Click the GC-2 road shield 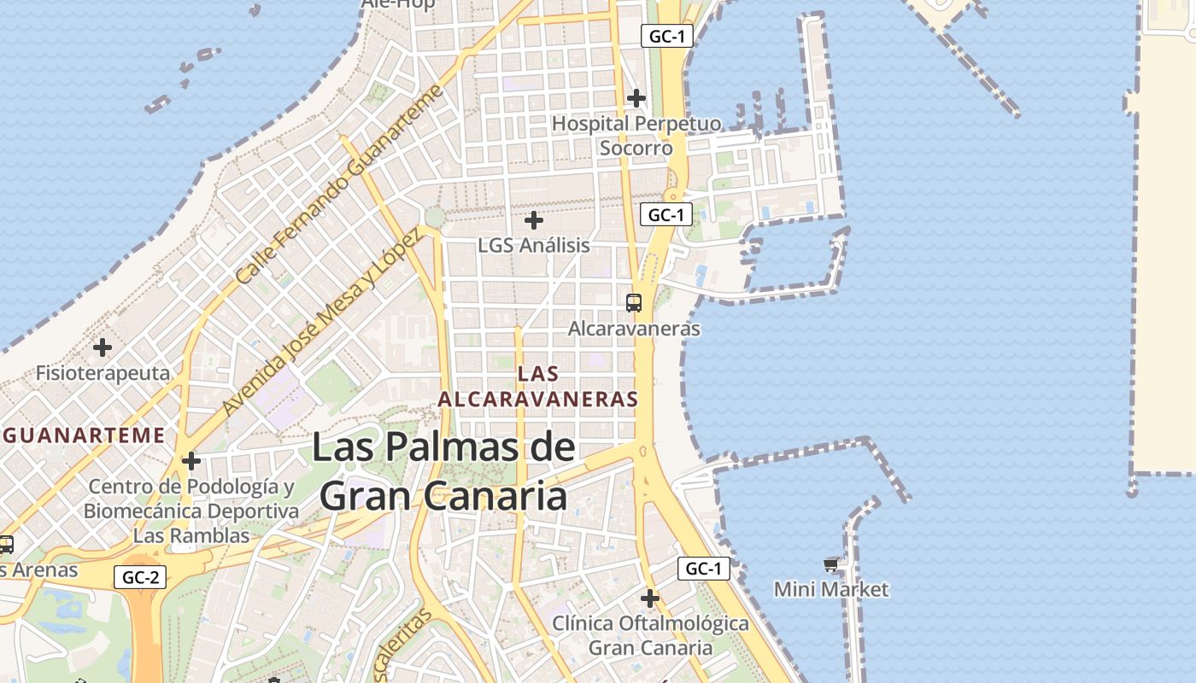click(140, 577)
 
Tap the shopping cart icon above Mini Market click(831, 564)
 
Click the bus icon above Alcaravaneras click(634, 302)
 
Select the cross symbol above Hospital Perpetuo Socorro click(636, 98)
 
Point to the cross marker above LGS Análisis click(534, 220)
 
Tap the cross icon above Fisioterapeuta click(103, 347)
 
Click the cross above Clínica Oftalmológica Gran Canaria click(650, 598)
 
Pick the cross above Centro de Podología click(191, 462)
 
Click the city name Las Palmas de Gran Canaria click(443, 471)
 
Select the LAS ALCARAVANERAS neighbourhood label click(538, 386)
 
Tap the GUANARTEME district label click(84, 435)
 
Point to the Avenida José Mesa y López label click(321, 324)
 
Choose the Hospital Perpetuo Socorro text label click(636, 136)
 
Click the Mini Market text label click(831, 589)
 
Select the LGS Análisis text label click(534, 245)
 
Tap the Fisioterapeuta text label click(103, 373)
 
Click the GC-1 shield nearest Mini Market click(705, 569)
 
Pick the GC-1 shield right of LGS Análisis click(666, 214)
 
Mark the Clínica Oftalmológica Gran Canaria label click(650, 635)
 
